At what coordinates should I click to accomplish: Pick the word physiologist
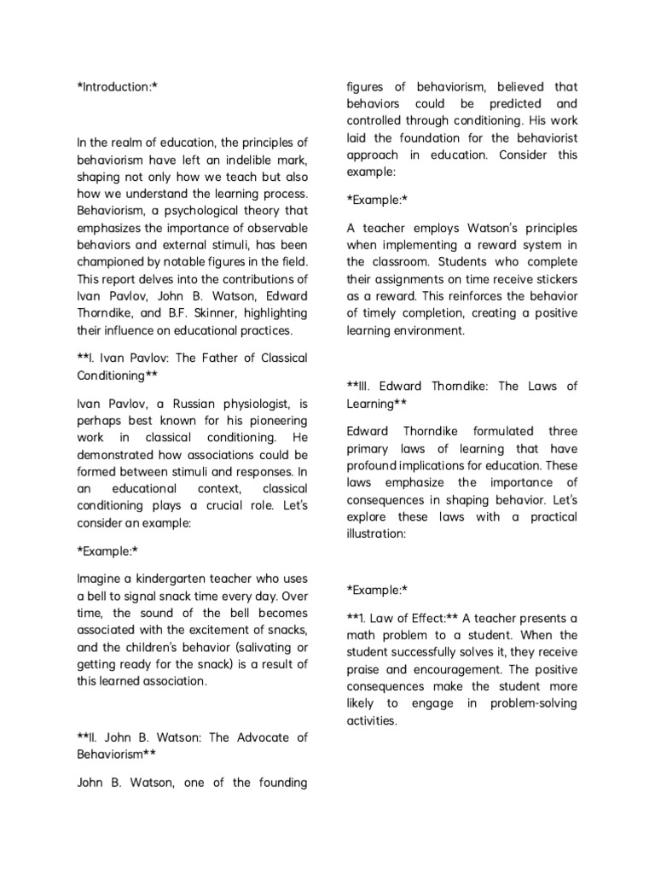(253, 403)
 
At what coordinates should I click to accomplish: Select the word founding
(278, 783)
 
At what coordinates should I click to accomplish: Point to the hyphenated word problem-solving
(534, 703)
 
